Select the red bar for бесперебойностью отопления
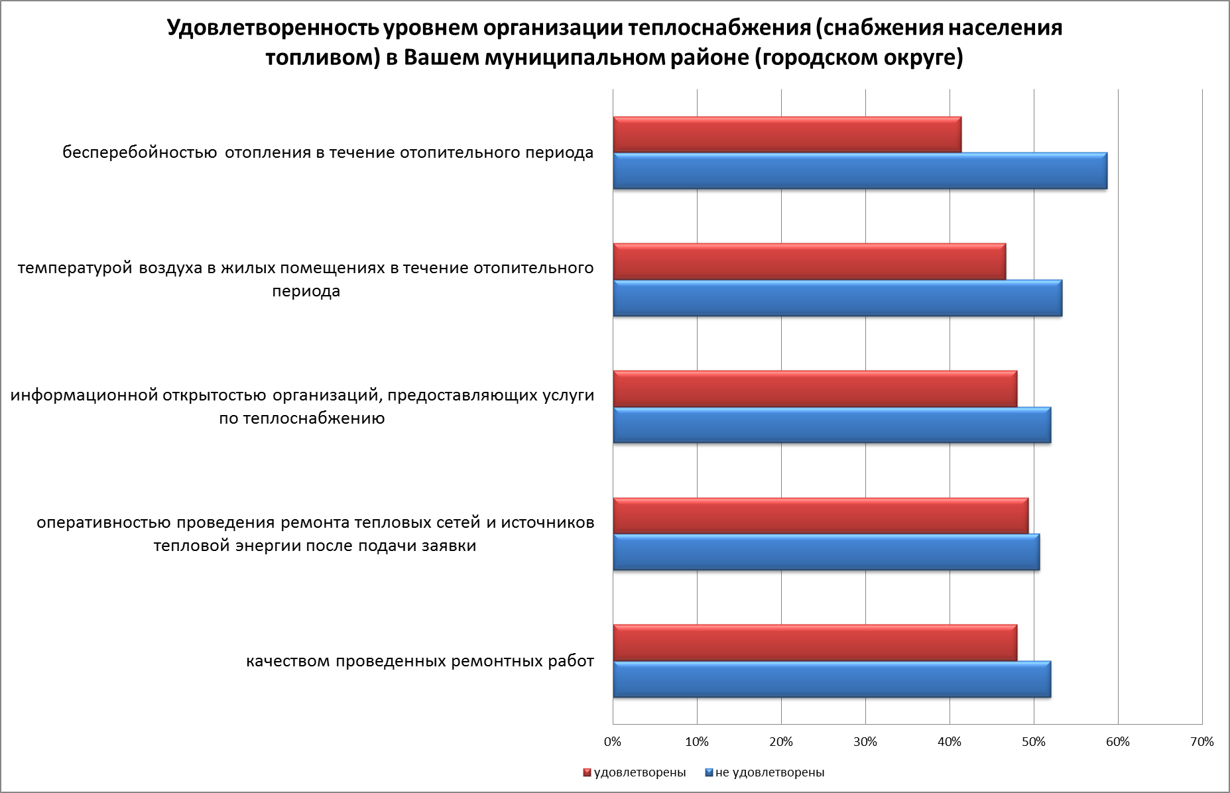(787, 135)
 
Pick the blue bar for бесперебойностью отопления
(860, 171)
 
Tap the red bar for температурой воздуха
(809, 262)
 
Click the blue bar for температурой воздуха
(837, 298)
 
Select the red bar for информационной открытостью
(815, 389)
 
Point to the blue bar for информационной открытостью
(831, 425)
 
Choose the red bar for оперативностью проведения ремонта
(820, 516)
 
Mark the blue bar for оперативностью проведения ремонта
(826, 552)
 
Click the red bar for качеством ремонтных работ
(815, 643)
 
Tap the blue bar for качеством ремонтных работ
(831, 679)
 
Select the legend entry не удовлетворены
(769, 772)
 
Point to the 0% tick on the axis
(613, 742)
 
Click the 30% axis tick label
(865, 742)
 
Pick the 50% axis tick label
(1034, 742)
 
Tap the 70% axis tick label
(1201, 742)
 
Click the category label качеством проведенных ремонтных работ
(420, 662)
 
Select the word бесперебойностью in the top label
(140, 153)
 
